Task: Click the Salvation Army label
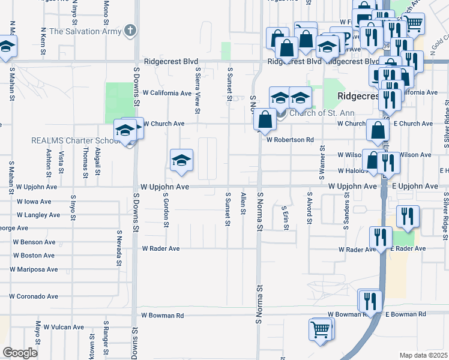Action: point(84,31)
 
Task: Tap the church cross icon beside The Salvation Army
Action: point(130,31)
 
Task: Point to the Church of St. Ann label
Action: point(322,113)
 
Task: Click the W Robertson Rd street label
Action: point(290,139)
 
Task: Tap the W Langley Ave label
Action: point(38,215)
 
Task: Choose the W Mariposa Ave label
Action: point(37,269)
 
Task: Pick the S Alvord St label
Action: point(309,208)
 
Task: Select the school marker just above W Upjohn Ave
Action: point(181,160)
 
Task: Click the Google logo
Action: point(20,353)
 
